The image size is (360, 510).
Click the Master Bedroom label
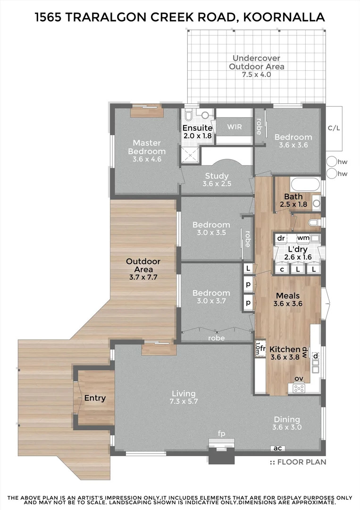coord(147,147)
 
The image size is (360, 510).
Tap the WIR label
coord(234,127)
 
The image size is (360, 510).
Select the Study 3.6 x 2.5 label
coord(217,179)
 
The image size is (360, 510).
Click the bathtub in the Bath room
coord(305,185)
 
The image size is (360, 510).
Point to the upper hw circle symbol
coord(332,161)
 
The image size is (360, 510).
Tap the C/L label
coord(334,128)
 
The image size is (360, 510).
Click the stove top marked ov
coord(299,388)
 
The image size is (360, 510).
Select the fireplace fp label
coord(222,433)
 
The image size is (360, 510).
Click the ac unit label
coord(277,448)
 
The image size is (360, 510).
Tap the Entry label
coord(95,398)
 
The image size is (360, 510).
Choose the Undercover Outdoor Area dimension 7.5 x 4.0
coord(256,75)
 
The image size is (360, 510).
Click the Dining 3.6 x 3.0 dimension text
coord(287,427)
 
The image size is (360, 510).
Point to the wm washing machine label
coord(303,238)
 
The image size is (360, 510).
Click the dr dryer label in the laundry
coord(281,238)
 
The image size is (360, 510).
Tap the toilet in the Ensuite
coord(189,116)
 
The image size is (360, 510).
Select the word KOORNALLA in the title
coord(284,17)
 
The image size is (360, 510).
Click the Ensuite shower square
coord(189,154)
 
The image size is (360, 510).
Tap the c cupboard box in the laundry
coord(282,269)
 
